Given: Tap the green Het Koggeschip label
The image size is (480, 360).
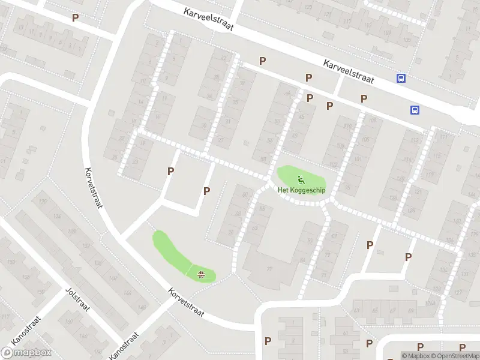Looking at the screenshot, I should tap(301, 190).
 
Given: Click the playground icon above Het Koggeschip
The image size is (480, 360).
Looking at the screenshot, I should tap(301, 178).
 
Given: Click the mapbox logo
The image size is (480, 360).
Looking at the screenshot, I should tap(26, 353).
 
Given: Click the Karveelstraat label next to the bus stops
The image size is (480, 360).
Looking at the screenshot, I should tap(348, 71).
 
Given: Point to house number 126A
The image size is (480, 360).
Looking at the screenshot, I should tap(58, 217).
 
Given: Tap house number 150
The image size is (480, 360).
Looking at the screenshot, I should tap(10, 262).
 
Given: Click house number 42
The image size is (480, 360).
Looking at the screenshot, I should tap(225, 58).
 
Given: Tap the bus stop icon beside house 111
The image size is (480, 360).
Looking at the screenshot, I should tap(415, 110).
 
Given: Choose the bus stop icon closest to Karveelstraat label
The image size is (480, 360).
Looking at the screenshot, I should tap(401, 78).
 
